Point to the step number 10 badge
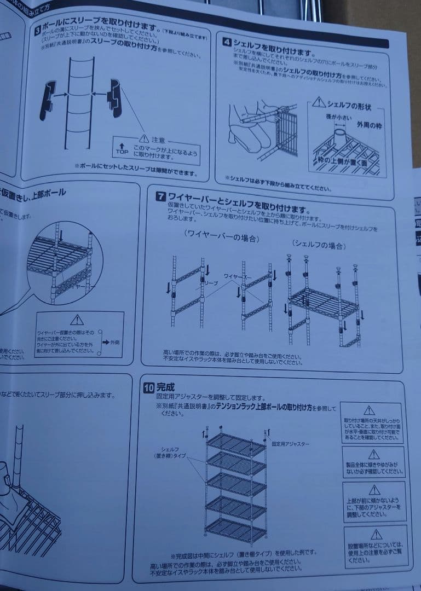point(147,387)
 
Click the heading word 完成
point(165,387)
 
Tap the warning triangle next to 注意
point(143,139)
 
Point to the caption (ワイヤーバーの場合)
point(221,236)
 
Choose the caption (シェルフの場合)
point(319,244)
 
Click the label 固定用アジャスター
point(291,444)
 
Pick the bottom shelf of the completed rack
point(236,530)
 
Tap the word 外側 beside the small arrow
point(114,342)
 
